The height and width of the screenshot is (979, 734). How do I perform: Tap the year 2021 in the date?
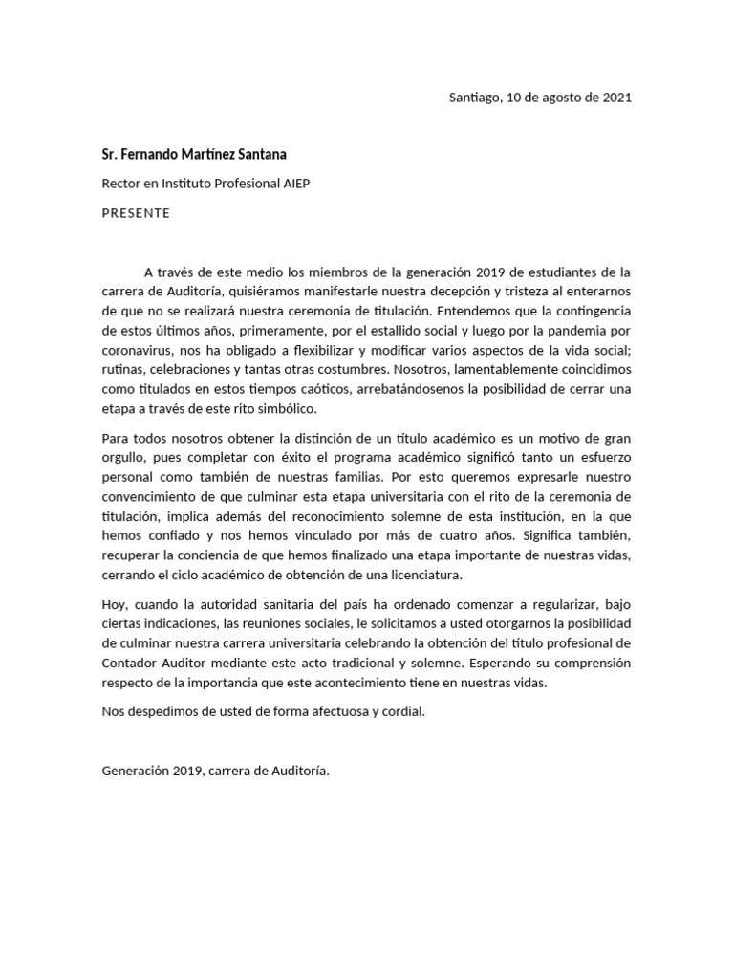click(x=616, y=98)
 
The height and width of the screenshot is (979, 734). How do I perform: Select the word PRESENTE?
click(x=136, y=213)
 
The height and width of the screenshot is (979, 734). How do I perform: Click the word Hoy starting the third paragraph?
click(x=114, y=605)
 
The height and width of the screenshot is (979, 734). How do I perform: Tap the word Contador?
click(x=130, y=664)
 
